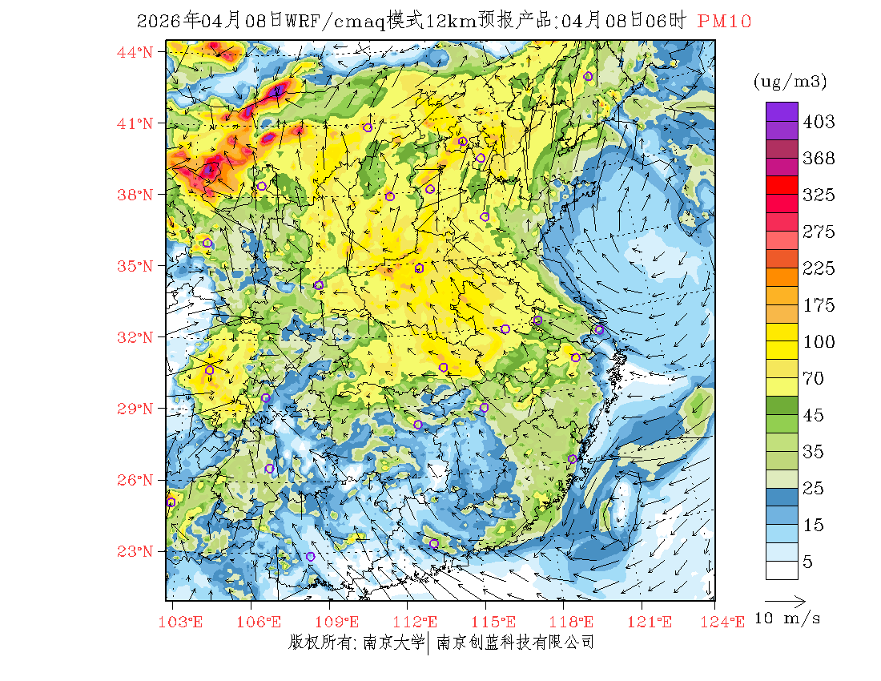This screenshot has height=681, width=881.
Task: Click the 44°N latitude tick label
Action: pos(135,52)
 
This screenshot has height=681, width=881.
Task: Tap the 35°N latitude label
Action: pos(135,266)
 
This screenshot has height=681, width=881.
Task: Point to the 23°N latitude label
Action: pos(135,551)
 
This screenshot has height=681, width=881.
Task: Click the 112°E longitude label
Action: pos(420,621)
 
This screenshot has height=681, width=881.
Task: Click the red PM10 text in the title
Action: pos(724,22)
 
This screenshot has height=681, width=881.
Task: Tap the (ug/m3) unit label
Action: pos(790,81)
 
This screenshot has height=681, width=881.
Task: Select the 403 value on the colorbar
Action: pos(819,122)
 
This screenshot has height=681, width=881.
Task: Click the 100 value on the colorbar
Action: pos(819,342)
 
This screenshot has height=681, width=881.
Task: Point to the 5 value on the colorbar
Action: pos(808,562)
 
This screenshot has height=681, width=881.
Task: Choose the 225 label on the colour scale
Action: pos(819,268)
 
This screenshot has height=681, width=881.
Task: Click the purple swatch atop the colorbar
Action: pos(781,111)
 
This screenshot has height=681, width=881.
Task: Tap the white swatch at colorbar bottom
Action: pos(781,570)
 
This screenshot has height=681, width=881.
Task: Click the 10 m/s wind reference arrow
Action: pos(784,600)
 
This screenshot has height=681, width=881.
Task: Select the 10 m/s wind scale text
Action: pos(788,619)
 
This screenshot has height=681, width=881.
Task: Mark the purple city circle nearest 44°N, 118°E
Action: pos(588,76)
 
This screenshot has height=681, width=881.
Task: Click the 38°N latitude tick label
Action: pos(135,195)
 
